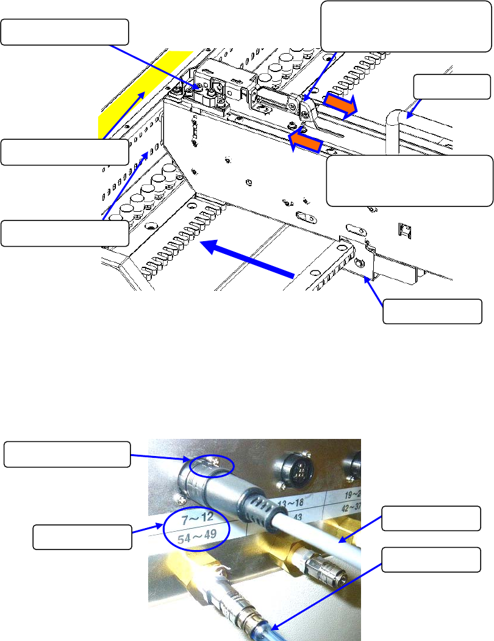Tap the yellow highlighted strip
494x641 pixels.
(131, 92)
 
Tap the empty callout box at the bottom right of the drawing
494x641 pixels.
(432, 313)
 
